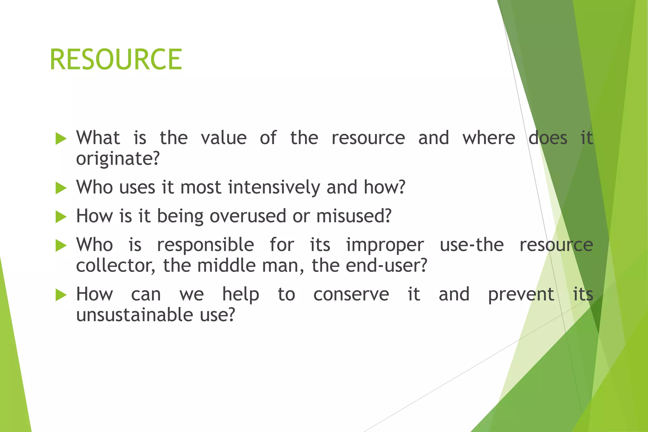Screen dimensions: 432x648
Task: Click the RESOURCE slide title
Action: coord(116,59)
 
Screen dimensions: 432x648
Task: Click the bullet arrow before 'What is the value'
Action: coord(61,139)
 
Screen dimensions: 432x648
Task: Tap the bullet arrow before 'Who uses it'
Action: coord(61,188)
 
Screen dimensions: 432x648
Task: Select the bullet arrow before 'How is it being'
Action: coord(61,217)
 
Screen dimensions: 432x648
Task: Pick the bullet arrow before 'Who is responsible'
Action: coord(61,245)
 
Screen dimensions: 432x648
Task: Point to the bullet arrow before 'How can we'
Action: coord(61,295)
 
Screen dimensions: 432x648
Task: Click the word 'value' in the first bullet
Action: coord(224,138)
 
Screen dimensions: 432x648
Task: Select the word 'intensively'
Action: coord(274,187)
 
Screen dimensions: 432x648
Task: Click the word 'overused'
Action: coord(247,216)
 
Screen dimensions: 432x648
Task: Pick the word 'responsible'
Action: coord(205,245)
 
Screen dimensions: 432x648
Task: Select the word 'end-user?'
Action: coord(386,266)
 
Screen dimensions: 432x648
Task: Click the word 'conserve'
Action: coord(351,294)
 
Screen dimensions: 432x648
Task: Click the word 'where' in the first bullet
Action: coord(489,138)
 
